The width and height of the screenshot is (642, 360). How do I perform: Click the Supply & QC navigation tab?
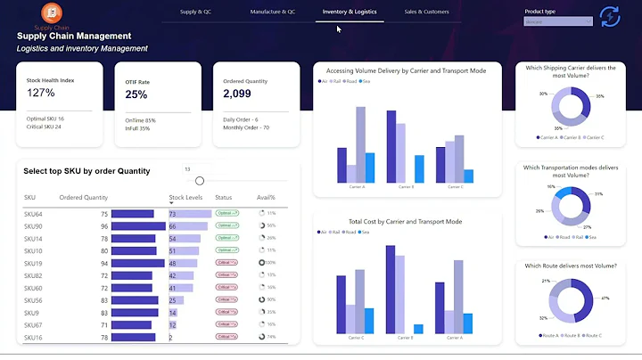pyautogui.click(x=195, y=12)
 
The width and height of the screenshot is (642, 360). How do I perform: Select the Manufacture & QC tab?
pyautogui.click(x=273, y=12)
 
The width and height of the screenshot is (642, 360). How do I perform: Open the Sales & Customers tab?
pyautogui.click(x=427, y=12)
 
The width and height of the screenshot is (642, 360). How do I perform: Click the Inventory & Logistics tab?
pyautogui.click(x=349, y=12)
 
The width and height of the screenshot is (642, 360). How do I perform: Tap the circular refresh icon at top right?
pyautogui.click(x=610, y=16)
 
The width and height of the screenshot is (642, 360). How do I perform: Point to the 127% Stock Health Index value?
pyautogui.click(x=41, y=93)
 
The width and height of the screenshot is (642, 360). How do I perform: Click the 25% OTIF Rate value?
pyautogui.click(x=136, y=94)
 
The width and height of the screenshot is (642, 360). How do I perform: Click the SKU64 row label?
pyautogui.click(x=33, y=214)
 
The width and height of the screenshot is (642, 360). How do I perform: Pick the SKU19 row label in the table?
pyautogui.click(x=33, y=264)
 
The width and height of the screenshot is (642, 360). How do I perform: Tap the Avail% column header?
pyautogui.click(x=266, y=198)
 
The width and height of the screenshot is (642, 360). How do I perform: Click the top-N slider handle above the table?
pyautogui.click(x=200, y=181)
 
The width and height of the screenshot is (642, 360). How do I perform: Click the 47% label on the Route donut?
pyautogui.click(x=605, y=298)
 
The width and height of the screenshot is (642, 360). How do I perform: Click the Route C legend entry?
pyautogui.click(x=593, y=336)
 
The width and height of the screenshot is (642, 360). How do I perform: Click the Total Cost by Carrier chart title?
pyautogui.click(x=405, y=221)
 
